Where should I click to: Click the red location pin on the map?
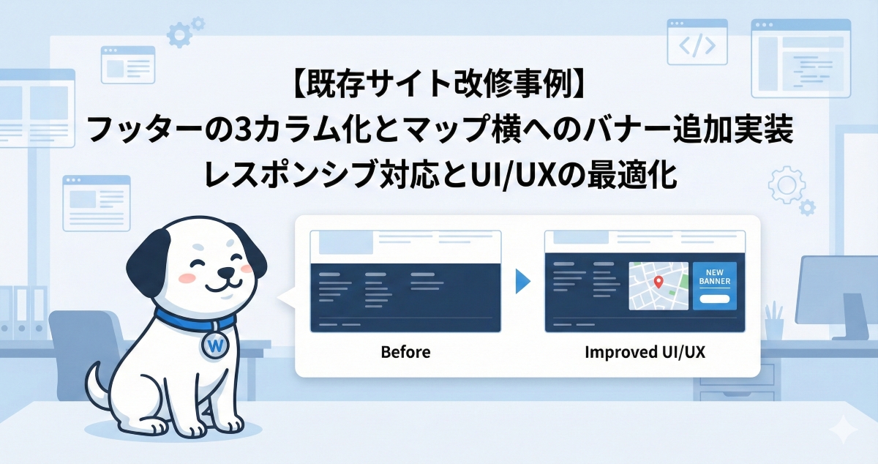tap(658, 282)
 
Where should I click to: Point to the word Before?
tap(405, 352)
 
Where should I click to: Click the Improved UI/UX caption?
tap(645, 352)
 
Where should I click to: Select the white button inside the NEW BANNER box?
tap(715, 299)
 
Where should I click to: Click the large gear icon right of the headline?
tap(787, 184)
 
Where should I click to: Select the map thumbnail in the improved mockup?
tap(658, 285)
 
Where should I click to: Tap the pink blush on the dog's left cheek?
tap(187, 278)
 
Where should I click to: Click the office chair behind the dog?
tap(80, 344)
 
